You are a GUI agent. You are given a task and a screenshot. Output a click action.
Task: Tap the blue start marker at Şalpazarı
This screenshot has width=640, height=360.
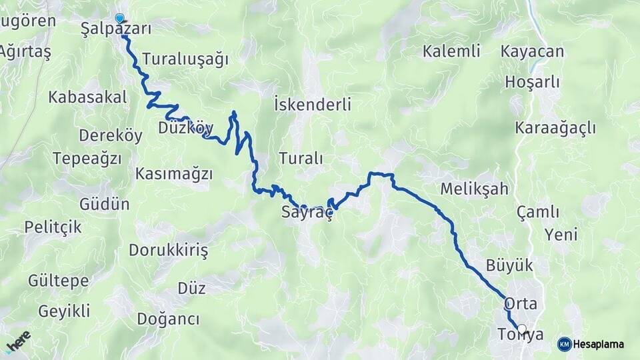point(119,19)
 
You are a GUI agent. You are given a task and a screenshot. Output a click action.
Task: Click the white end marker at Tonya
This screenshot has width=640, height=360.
point(522,329)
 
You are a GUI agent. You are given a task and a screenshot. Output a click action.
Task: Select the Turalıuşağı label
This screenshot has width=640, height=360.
point(185,59)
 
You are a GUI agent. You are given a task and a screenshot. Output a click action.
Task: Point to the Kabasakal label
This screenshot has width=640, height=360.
point(87,97)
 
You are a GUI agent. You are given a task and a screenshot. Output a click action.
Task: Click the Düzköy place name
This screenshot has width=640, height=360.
point(186,127)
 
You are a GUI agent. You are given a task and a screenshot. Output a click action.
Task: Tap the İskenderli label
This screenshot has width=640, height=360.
point(313,105)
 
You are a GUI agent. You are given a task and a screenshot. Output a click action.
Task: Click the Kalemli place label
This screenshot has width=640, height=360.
point(451,51)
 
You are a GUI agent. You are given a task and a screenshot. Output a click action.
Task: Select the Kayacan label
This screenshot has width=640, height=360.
point(532,51)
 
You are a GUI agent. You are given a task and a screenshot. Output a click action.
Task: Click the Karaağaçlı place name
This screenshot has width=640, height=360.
point(555,128)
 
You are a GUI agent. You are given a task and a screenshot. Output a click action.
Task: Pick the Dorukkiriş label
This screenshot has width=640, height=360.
point(168,251)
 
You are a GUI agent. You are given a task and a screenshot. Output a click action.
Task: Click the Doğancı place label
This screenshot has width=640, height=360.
point(168,319)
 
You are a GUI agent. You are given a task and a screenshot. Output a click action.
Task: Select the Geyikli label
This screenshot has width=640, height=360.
point(64,311)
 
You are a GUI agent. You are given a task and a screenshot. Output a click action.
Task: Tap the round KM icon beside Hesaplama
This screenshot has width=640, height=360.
point(565,345)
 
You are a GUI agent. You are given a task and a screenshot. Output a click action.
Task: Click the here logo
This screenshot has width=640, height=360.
point(18,343)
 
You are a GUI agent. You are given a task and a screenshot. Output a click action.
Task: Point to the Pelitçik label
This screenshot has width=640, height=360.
point(53,227)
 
